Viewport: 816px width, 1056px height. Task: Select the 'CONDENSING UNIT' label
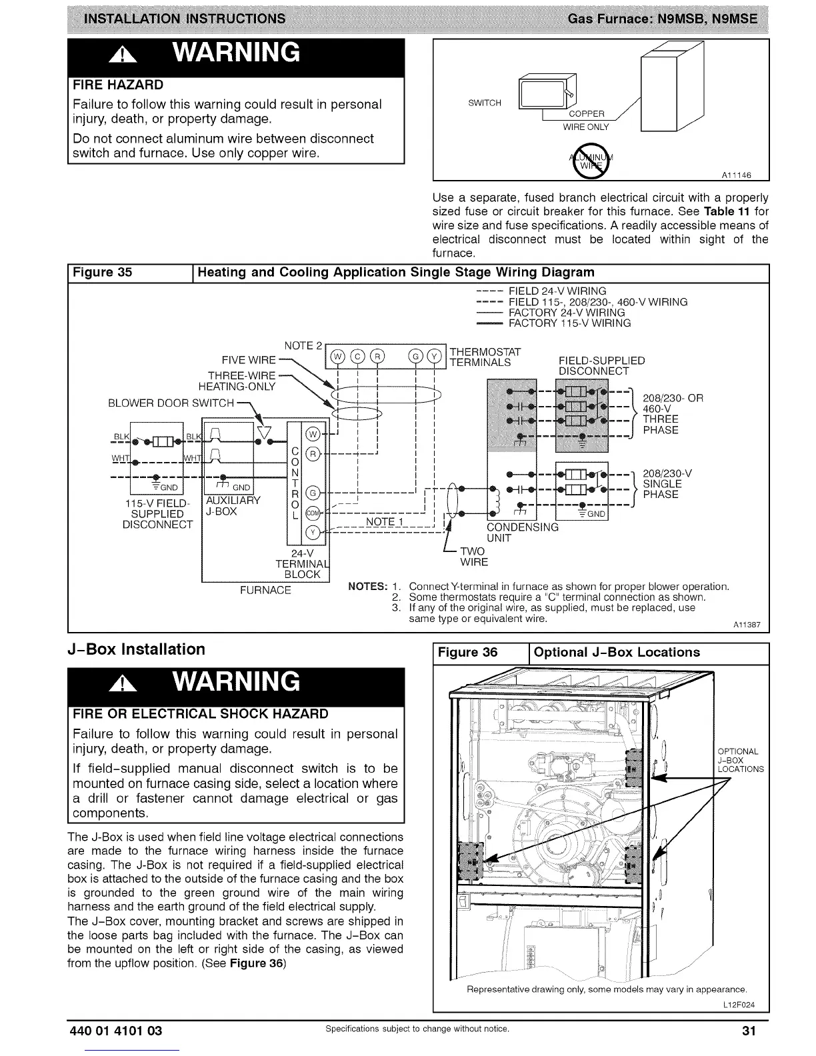tap(522, 532)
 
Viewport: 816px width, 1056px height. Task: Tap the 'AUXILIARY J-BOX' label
tap(224, 506)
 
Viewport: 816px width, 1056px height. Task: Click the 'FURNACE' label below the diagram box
tap(265, 590)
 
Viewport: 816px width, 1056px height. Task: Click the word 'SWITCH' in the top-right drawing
tap(485, 103)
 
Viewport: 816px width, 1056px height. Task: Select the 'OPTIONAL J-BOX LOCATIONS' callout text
tap(740, 760)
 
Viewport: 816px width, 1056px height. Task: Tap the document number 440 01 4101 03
tap(115, 1031)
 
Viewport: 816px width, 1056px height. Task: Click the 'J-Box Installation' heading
tap(137, 649)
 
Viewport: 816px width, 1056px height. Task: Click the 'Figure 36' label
tap(467, 652)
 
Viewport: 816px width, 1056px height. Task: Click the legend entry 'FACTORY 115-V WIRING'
tap(569, 323)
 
